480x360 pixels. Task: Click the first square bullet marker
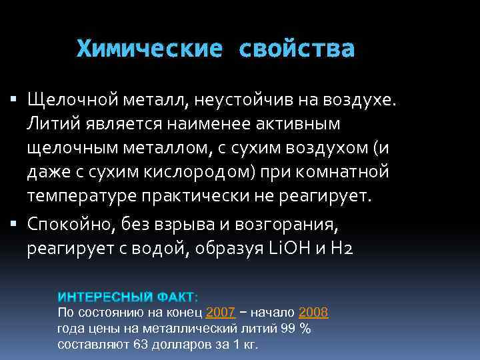click(x=15, y=100)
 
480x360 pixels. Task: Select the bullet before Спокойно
click(x=15, y=223)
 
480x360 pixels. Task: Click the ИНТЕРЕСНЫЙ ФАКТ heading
click(x=126, y=297)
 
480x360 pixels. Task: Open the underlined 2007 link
click(x=221, y=312)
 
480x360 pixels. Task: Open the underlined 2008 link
click(x=313, y=312)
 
